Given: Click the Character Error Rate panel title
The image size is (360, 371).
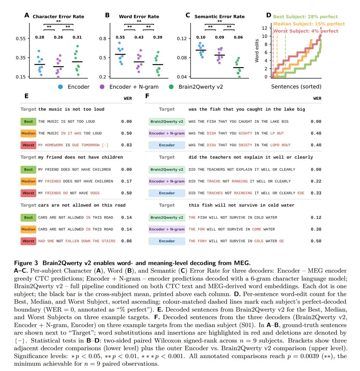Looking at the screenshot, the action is click(59, 17).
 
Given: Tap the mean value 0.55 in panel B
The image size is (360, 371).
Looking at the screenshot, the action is click(120, 37).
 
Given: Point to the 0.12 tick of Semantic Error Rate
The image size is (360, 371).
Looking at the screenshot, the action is click(182, 39).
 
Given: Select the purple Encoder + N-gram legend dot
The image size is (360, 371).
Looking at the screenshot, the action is click(102, 87).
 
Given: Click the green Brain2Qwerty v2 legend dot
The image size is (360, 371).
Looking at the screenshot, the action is click(171, 87).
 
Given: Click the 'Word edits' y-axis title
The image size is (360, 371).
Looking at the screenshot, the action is click(257, 51).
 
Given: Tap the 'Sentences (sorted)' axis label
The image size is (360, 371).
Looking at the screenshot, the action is click(296, 87).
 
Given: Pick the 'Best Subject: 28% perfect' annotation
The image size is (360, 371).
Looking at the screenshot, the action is click(306, 17).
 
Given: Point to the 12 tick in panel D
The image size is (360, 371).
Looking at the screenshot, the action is click(265, 28).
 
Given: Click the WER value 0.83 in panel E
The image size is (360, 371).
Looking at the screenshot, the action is click(126, 145).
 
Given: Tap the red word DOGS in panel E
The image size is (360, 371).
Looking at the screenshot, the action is click(95, 193).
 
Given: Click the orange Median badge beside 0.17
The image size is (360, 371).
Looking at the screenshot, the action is click(28, 181).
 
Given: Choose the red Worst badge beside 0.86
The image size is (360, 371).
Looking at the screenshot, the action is click(28, 241).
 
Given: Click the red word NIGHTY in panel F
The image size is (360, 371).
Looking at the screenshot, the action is click(245, 133).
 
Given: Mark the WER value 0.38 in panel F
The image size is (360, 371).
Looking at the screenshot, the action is click(316, 229).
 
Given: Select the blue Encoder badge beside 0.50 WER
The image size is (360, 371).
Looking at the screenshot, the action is click(167, 241).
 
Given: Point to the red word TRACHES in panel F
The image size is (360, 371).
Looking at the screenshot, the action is click(215, 193).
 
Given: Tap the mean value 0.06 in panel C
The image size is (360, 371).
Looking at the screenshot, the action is click(238, 37).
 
